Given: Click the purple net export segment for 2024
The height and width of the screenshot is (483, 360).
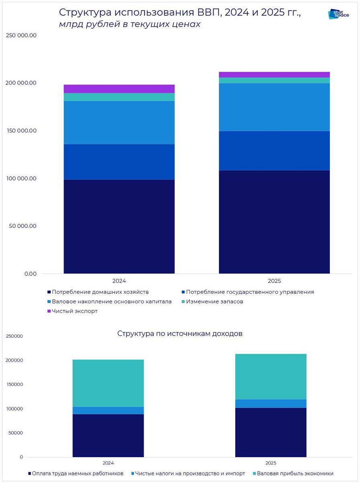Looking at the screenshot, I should [x=119, y=89].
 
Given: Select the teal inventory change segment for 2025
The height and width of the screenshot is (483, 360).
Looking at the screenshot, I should [x=274, y=80].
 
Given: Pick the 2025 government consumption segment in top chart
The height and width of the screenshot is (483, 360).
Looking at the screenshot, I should [x=274, y=151].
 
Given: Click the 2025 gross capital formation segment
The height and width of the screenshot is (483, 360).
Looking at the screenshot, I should [x=274, y=107].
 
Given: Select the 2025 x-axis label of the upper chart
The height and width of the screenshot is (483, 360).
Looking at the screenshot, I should [x=274, y=281].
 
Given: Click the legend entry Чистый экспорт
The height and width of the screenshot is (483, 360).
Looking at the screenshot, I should [x=74, y=311].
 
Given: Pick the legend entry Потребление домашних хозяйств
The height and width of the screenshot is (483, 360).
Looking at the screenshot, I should [x=100, y=292].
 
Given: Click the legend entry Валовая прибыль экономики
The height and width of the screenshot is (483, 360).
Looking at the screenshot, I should [x=295, y=473].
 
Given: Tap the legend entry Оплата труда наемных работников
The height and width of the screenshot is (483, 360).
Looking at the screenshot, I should [x=78, y=473].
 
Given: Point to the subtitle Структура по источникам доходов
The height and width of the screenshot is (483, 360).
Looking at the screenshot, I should [x=180, y=334].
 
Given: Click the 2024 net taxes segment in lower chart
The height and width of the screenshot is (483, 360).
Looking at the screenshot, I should [x=108, y=410].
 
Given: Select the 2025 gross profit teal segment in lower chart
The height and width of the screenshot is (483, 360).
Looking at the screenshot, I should [x=271, y=376].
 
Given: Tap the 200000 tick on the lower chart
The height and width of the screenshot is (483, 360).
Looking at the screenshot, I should [x=15, y=360].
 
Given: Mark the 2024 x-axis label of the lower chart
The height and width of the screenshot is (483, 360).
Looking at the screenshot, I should [x=108, y=463].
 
